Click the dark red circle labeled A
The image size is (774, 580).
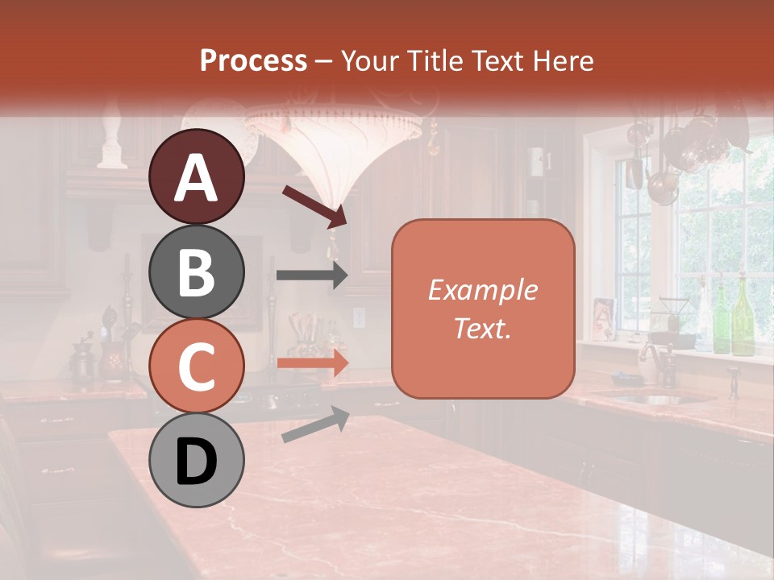point(197,176)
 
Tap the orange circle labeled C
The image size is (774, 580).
point(197,366)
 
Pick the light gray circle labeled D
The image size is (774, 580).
point(197,460)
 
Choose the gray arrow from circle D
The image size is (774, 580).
point(315,425)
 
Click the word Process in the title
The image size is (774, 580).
point(253,60)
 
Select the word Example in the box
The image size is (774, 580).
point(482,290)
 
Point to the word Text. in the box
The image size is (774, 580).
point(482,328)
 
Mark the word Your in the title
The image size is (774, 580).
point(372,60)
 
